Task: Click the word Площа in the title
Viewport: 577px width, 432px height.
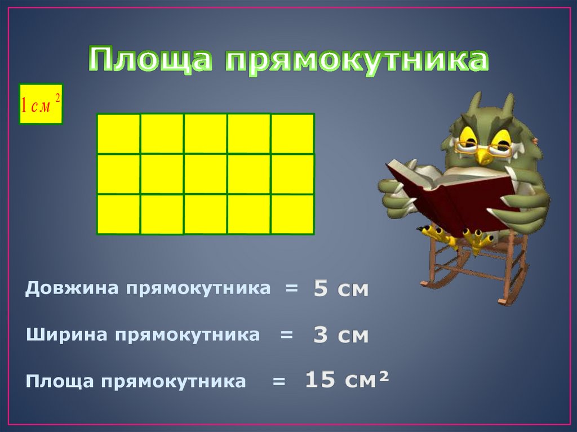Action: pos(150,60)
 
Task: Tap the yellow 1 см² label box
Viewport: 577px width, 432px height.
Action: pos(41,104)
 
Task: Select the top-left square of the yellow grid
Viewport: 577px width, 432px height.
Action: pos(118,133)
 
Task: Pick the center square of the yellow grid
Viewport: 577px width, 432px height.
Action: pos(205,173)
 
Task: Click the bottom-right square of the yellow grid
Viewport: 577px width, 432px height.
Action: pos(292,213)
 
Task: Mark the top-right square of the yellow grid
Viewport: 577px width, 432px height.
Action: pos(292,133)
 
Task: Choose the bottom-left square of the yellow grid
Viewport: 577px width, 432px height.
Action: pos(118,213)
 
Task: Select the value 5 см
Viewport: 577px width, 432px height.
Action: pos(341,290)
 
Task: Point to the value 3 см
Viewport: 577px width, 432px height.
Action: pos(341,336)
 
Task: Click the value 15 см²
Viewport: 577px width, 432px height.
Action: pos(347,380)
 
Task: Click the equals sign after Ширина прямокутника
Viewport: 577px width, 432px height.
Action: pos(287,335)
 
